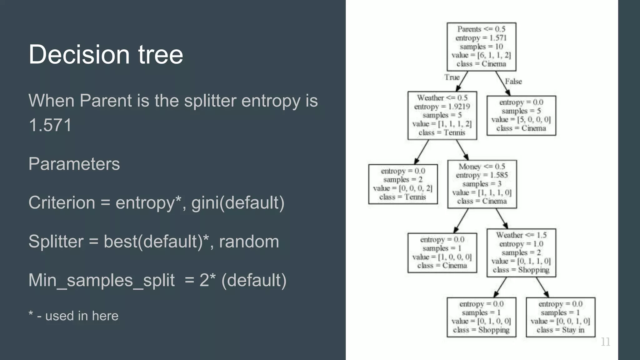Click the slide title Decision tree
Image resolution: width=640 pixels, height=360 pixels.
click(106, 54)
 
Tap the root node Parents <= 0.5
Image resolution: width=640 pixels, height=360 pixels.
click(481, 47)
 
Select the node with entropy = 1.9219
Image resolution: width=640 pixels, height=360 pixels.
click(442, 115)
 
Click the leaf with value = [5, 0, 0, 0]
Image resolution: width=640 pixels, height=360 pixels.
click(521, 115)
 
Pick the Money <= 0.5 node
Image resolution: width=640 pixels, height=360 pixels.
click(482, 184)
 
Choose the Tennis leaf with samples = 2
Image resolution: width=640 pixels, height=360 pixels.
click(403, 184)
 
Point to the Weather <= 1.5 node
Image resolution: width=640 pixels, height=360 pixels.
click(521, 252)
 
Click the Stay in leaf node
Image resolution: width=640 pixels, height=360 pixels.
click(560, 317)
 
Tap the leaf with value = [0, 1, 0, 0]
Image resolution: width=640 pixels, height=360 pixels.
click(481, 317)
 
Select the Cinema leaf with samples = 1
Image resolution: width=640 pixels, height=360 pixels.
click(442, 252)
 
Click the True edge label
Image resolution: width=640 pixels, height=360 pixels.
click(452, 77)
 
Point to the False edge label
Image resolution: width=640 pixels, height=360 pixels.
click(513, 81)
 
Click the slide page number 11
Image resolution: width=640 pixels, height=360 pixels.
click(605, 342)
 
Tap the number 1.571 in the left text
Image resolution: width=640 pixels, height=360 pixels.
click(50, 125)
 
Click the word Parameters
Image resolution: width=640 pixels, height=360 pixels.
click(74, 164)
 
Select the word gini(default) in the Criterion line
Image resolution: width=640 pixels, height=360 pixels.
click(238, 202)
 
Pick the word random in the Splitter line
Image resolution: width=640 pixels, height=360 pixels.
click(249, 241)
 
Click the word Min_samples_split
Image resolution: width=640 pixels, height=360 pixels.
click(101, 280)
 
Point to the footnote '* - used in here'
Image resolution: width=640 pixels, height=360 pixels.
click(73, 316)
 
